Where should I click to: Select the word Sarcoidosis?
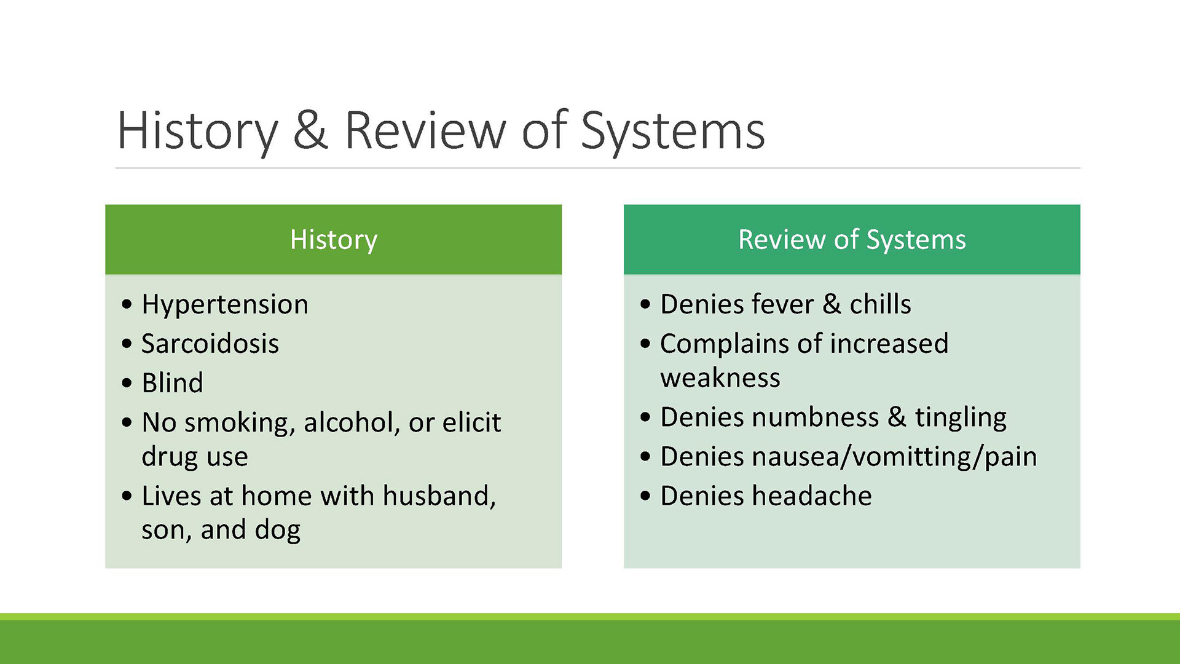point(210,343)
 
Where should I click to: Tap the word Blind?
point(172,382)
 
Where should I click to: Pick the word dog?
point(278,531)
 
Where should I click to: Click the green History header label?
point(334,240)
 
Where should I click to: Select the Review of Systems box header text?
point(852,240)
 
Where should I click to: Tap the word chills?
point(880,304)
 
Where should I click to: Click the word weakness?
point(720,377)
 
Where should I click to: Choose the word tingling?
point(961,418)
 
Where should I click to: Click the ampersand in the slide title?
point(310,130)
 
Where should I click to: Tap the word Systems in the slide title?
point(672,132)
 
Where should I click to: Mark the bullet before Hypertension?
point(127,304)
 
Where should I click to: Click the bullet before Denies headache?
point(645,496)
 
